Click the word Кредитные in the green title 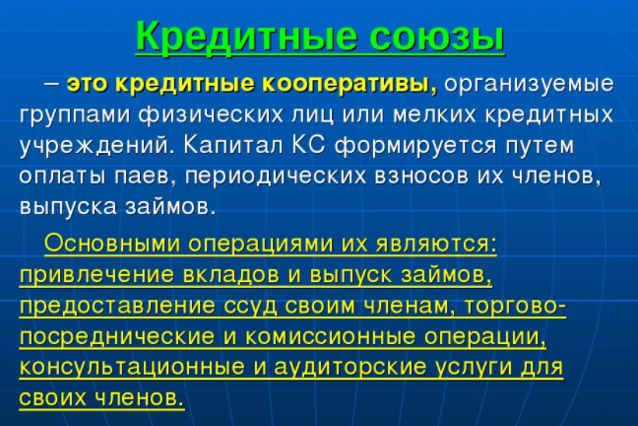pos(246,35)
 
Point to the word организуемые pos(529,85)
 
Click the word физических pos(211,115)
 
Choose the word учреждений pos(94,146)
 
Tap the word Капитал pos(232,145)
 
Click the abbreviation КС pos(308,145)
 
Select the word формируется pos(415,146)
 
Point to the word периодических pos(276,177)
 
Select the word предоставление pos(117,307)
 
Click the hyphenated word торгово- pos(515,307)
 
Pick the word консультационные pos(132,368)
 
